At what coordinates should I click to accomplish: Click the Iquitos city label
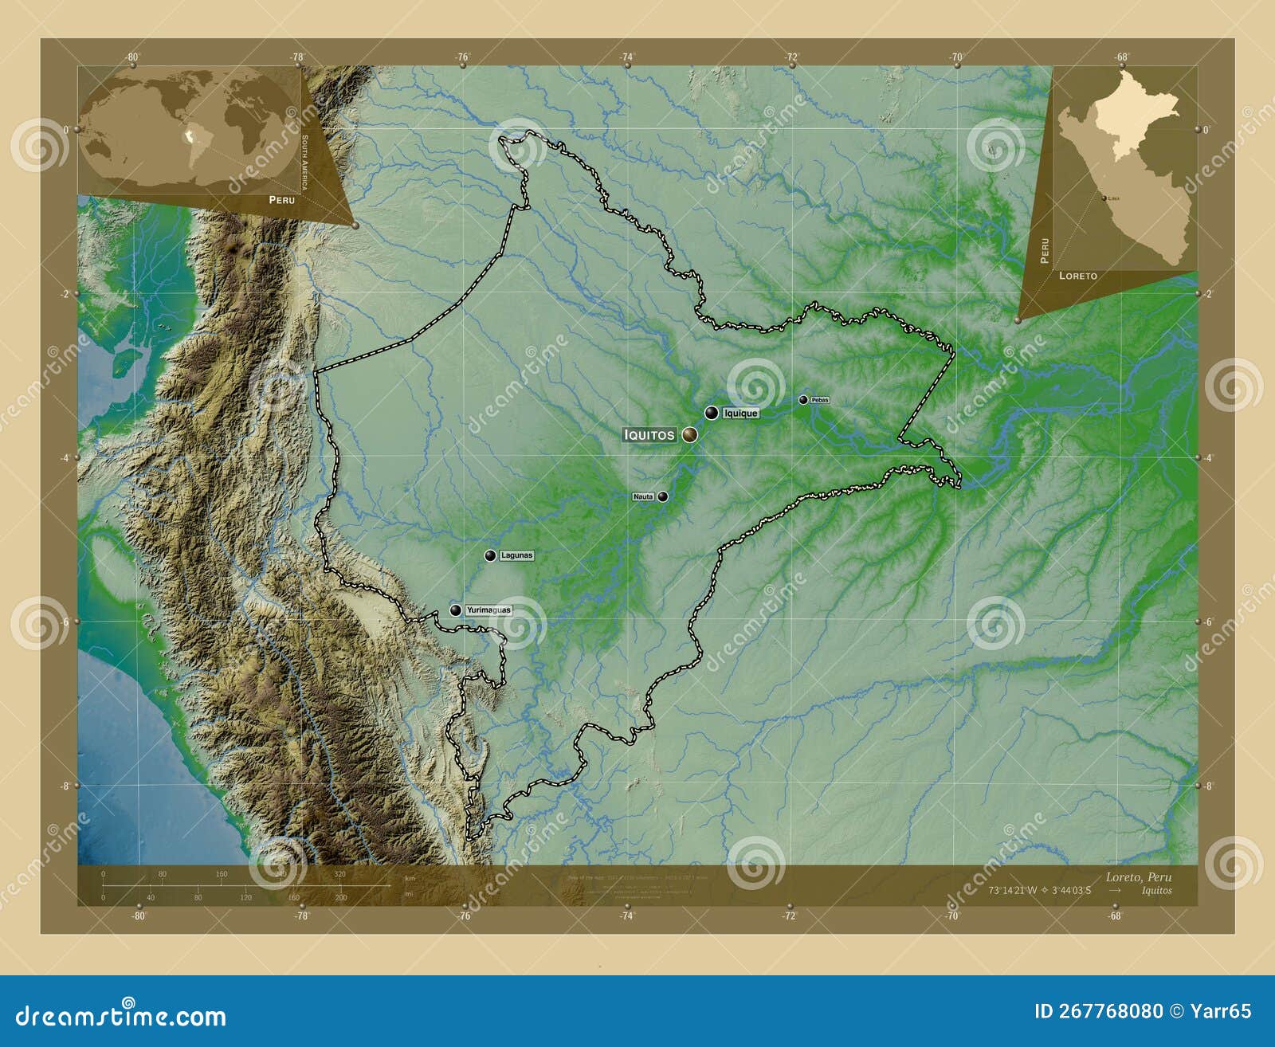click(x=649, y=435)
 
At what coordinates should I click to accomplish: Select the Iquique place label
click(x=740, y=414)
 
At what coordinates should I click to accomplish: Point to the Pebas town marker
click(x=803, y=400)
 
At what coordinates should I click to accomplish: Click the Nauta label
click(x=643, y=496)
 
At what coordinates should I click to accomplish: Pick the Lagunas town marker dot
click(x=490, y=555)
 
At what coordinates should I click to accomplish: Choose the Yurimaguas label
click(x=488, y=610)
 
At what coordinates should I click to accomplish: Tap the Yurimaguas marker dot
click(x=455, y=610)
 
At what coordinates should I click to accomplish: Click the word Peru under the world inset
click(x=281, y=200)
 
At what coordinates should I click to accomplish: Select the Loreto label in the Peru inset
click(x=1077, y=276)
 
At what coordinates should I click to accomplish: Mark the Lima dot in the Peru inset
click(x=1104, y=198)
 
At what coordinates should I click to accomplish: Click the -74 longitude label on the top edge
click(x=627, y=57)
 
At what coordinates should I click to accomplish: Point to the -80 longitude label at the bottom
click(x=139, y=916)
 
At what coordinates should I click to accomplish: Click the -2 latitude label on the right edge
click(x=1207, y=294)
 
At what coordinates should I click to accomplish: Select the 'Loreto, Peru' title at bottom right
click(x=1138, y=877)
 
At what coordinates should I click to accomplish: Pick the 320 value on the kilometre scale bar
click(x=339, y=874)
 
